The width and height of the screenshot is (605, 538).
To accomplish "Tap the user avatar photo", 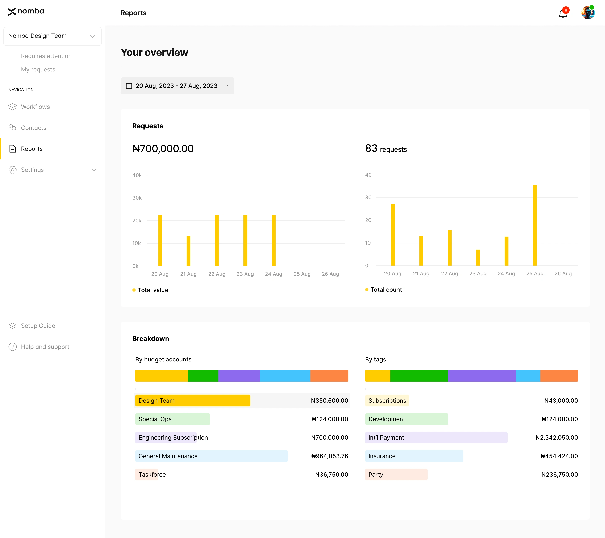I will [x=588, y=13].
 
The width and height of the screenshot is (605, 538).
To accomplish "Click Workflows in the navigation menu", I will [x=35, y=107].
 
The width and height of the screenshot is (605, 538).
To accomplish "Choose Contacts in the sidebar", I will [x=33, y=128].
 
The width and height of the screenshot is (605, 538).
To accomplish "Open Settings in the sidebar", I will [x=32, y=170].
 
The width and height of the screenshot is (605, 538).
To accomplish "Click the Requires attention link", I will [x=46, y=56].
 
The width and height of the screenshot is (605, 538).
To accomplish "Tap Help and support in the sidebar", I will [x=45, y=347].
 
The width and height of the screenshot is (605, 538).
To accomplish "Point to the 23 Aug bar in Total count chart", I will [x=478, y=258].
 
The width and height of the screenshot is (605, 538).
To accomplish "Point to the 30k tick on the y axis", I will [x=137, y=198].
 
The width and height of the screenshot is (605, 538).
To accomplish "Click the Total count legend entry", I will [x=386, y=290].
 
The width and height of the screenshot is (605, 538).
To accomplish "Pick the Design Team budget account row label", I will [x=157, y=401].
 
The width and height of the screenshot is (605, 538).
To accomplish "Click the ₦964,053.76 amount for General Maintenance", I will [x=329, y=456].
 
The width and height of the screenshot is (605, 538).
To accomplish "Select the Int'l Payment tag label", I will [x=386, y=438].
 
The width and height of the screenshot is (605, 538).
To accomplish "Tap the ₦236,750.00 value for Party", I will [x=559, y=475].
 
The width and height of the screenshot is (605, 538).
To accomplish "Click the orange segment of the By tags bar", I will [x=559, y=376].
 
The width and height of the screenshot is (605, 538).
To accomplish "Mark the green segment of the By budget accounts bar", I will [x=203, y=376].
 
